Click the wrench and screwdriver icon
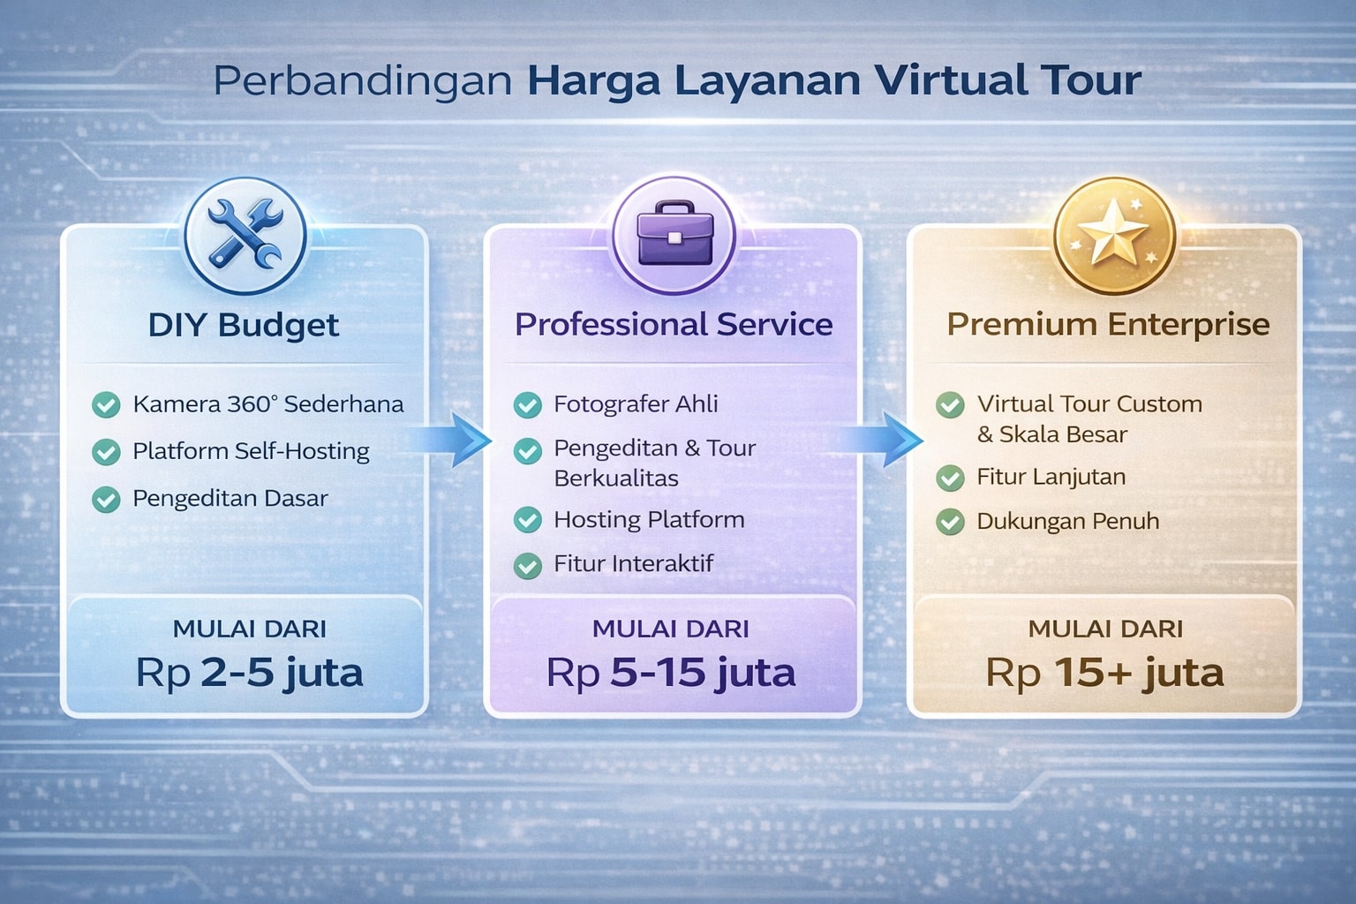[x=245, y=234]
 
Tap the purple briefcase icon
[x=674, y=234]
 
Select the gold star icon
[x=1113, y=234]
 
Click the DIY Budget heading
[x=244, y=325]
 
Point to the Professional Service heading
[x=674, y=325]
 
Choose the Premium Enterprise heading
[x=1108, y=325]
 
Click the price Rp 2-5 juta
[x=249, y=673]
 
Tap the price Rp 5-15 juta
[x=671, y=673]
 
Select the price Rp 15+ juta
[x=1104, y=673]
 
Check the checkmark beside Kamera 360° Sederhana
[x=106, y=405]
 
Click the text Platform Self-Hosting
[x=251, y=451]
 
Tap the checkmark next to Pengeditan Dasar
[x=106, y=500]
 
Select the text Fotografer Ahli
[x=636, y=404]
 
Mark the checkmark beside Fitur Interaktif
[x=528, y=565]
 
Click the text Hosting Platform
[x=649, y=520]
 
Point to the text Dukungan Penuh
[x=1067, y=522]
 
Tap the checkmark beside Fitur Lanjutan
[x=950, y=478]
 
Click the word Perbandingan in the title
[x=363, y=81]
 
